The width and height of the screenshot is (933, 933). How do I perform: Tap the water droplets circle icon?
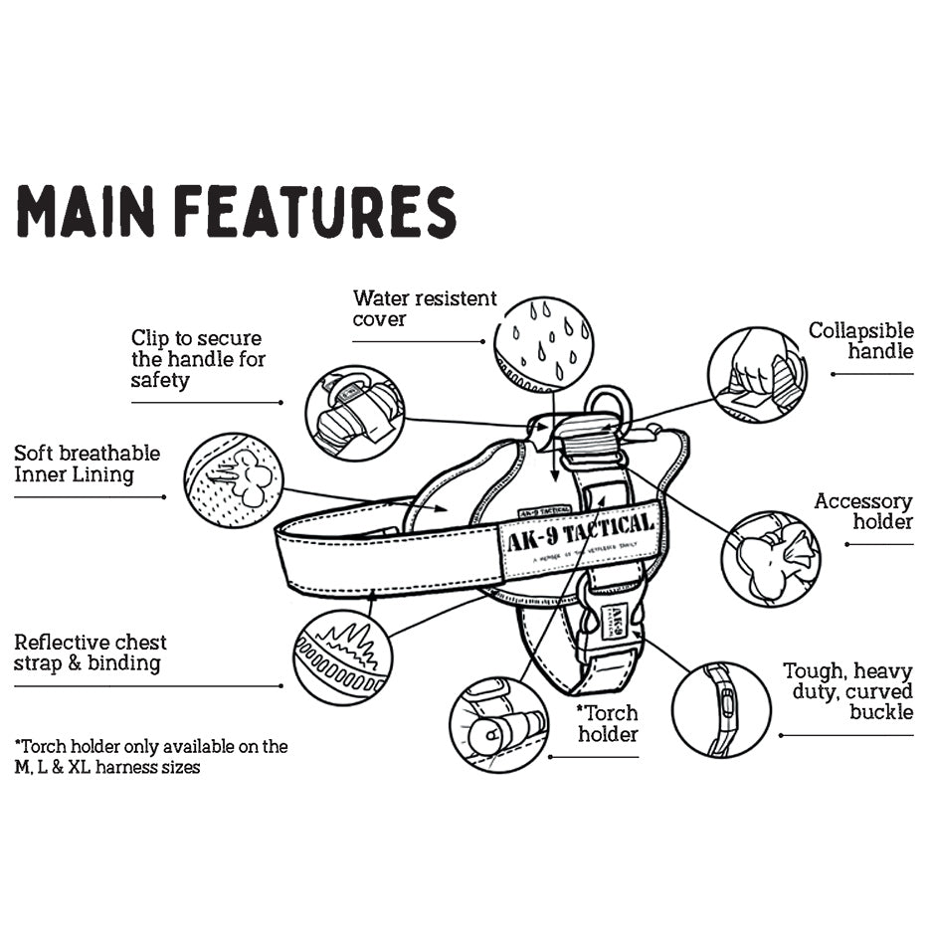pyautogui.click(x=543, y=344)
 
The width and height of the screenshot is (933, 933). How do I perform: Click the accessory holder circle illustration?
pyautogui.click(x=771, y=558)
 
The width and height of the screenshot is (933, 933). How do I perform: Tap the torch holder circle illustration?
pyautogui.click(x=499, y=724)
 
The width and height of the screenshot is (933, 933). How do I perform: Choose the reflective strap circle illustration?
pyautogui.click(x=342, y=657)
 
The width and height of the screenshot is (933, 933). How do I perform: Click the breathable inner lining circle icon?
pyautogui.click(x=234, y=480)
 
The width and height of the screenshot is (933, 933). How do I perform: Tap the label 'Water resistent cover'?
pyautogui.click(x=425, y=308)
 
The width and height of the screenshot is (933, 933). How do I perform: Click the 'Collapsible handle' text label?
pyautogui.click(x=860, y=340)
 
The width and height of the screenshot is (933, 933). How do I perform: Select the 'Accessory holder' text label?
pyautogui.click(x=862, y=511)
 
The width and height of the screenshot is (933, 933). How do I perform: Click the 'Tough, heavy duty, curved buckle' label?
pyautogui.click(x=847, y=691)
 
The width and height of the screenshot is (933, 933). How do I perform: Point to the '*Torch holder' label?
pyautogui.click(x=608, y=723)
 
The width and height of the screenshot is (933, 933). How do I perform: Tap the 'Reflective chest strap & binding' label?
pyautogui.click(x=91, y=653)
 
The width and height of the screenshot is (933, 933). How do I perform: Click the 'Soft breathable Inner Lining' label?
pyautogui.click(x=88, y=464)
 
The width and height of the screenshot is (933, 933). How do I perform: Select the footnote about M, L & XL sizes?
pyautogui.click(x=151, y=756)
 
